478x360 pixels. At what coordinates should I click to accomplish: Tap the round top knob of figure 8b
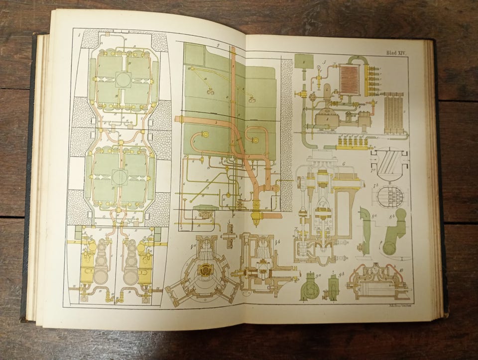400,214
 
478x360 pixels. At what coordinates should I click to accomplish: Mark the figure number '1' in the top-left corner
79,35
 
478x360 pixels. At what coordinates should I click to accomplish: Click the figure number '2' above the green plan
218,45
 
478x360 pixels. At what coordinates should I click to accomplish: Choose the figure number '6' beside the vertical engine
343,164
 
